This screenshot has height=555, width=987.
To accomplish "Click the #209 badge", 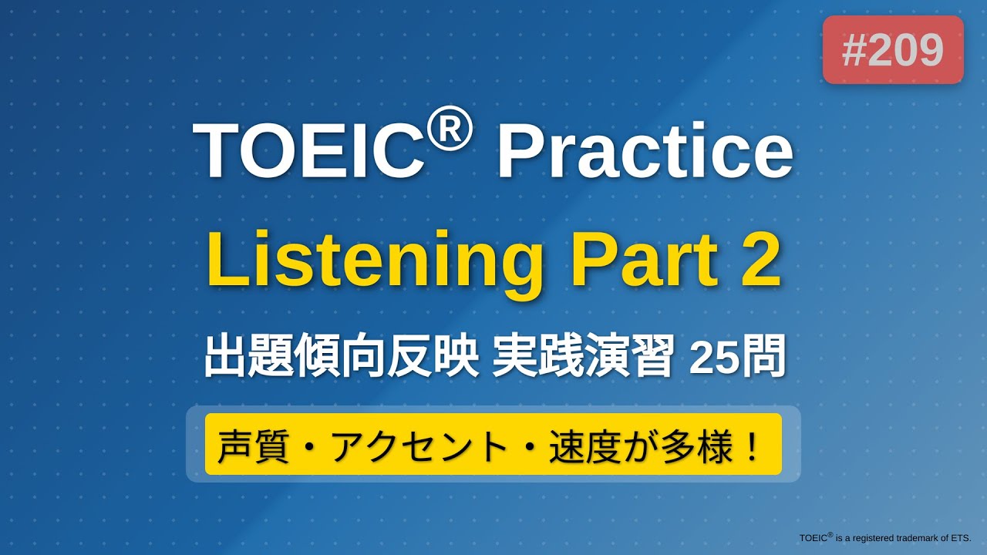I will [893, 50].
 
